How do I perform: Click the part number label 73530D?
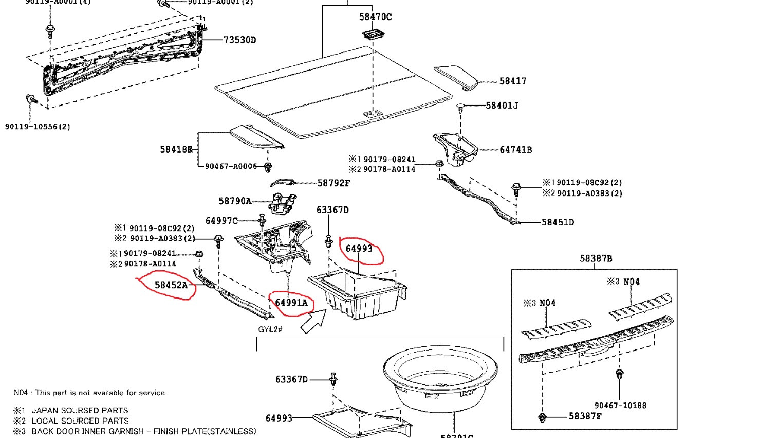(239, 40)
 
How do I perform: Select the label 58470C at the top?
(375, 17)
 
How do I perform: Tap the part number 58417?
(512, 81)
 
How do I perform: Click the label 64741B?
(515, 150)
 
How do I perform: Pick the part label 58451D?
(558, 222)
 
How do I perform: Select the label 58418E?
(176, 149)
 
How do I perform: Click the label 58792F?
(333, 183)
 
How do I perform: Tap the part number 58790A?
(235, 201)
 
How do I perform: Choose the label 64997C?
(221, 221)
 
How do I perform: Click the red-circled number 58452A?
(171, 285)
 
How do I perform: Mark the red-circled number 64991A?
(291, 303)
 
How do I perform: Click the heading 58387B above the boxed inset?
(596, 258)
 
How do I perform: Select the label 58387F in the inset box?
(585, 416)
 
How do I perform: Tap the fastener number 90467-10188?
(620, 405)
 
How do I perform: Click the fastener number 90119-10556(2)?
(38, 126)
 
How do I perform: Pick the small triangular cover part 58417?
(456, 77)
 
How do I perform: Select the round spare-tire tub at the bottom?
(440, 378)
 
